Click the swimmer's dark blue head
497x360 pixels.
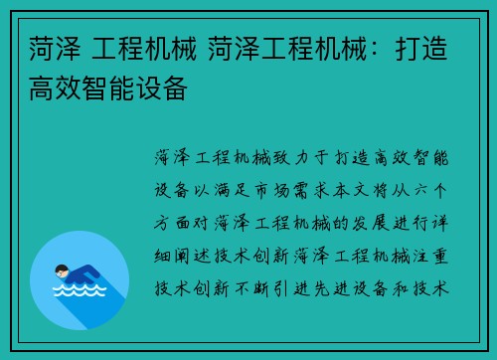click(x=61, y=270)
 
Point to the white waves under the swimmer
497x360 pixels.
click(x=80, y=293)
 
